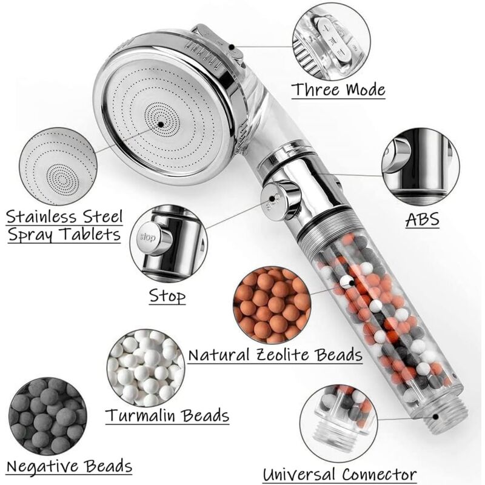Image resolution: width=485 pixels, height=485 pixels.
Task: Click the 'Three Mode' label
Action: pyautogui.click(x=338, y=90)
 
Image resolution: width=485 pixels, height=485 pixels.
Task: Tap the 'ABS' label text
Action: pyautogui.click(x=422, y=219)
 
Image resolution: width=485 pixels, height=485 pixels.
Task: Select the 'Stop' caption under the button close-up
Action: pyautogui.click(x=167, y=296)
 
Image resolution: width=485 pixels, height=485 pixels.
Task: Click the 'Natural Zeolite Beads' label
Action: pyautogui.click(x=275, y=355)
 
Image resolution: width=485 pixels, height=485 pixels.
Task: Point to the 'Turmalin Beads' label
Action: pyautogui.click(x=167, y=415)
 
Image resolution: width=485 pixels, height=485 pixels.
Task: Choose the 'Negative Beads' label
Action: pyautogui.click(x=69, y=466)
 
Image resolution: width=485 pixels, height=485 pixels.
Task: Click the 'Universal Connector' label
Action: pyautogui.click(x=339, y=474)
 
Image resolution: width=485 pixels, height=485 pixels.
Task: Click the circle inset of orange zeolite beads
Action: pyautogui.click(x=272, y=305)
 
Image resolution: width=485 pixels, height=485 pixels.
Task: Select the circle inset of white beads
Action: pyautogui.click(x=145, y=369)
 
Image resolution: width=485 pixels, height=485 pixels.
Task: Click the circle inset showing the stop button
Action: pyautogui.click(x=169, y=243)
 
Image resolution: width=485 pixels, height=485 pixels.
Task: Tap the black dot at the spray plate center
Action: pyautogui.click(x=161, y=124)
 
